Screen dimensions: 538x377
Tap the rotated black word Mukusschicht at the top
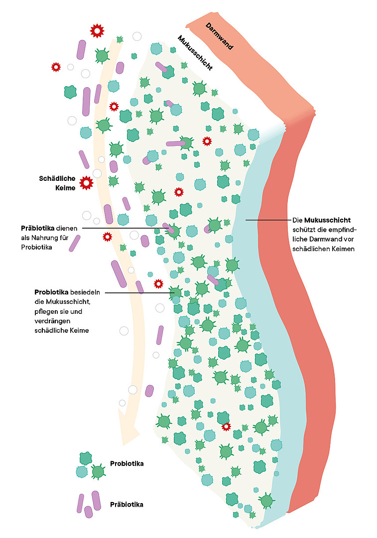195,53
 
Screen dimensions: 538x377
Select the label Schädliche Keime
57,183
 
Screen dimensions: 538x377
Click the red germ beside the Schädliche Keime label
86,183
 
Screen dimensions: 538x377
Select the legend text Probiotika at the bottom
126,464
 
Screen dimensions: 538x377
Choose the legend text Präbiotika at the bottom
126,504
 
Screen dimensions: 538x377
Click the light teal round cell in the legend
81,471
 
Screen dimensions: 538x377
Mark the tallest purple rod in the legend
96,501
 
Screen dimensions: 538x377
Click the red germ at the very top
97,31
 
